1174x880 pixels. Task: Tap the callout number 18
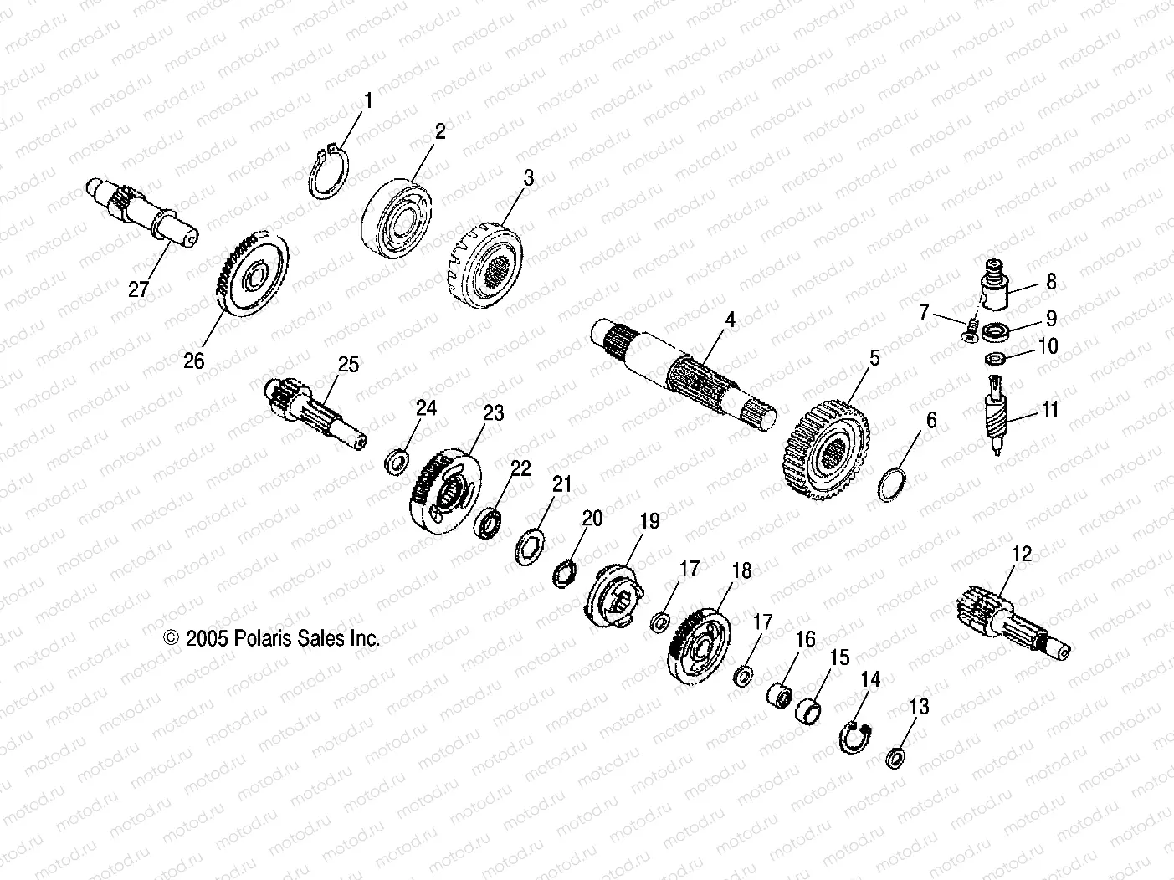pyautogui.click(x=741, y=572)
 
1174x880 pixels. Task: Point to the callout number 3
pyautogui.click(x=527, y=178)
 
